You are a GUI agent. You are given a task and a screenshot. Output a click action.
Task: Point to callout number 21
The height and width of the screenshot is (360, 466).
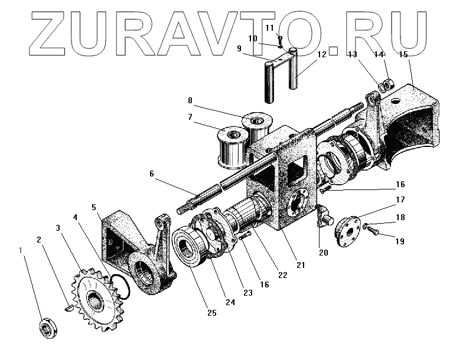[x=301, y=265]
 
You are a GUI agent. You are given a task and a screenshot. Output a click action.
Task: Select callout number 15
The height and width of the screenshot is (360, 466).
[x=403, y=55]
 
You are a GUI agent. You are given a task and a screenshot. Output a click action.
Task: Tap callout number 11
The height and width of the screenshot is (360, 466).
[x=269, y=28]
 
